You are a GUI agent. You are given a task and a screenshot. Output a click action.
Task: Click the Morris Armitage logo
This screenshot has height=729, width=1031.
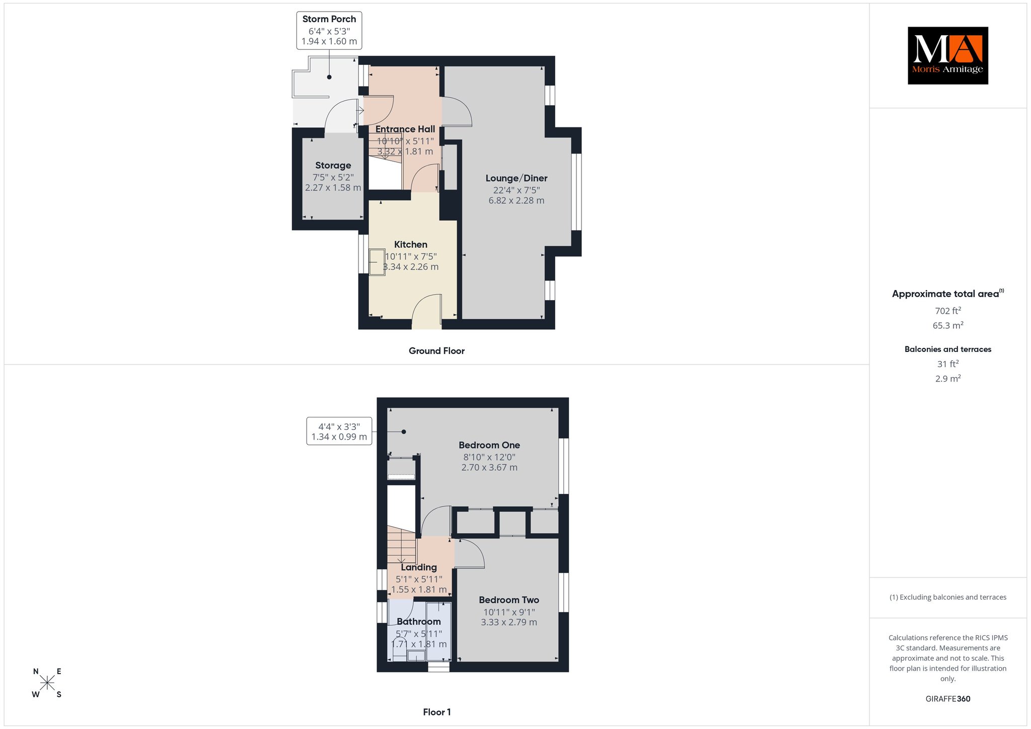(x=947, y=55)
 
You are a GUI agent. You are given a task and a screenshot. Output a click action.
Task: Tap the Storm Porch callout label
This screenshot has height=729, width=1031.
(x=329, y=30)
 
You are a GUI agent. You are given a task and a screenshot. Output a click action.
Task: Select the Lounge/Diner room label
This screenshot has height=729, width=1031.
(x=517, y=178)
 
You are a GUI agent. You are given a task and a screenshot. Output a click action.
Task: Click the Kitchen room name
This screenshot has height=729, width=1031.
(x=411, y=245)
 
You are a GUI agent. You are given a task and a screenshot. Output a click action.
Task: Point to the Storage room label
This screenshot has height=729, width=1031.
(x=333, y=166)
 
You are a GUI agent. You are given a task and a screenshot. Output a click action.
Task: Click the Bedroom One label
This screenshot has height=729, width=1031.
(x=489, y=445)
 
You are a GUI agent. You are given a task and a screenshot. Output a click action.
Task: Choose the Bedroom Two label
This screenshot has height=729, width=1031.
(x=509, y=600)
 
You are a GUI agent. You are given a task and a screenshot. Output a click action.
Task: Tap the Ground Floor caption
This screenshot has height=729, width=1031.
(x=436, y=351)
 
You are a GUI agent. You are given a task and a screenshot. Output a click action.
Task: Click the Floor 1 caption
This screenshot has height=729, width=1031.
(x=437, y=712)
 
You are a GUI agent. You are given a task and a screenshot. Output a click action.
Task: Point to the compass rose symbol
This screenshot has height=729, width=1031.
(x=47, y=683)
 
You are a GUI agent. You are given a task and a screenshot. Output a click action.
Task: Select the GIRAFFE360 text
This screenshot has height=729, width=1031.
(x=948, y=699)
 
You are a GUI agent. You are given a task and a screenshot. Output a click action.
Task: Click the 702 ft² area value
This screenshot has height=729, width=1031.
(x=948, y=311)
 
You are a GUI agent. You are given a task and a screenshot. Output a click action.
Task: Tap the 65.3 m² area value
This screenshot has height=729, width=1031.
(x=948, y=325)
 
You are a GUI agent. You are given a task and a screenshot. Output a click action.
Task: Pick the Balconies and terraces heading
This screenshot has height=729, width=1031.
(x=948, y=349)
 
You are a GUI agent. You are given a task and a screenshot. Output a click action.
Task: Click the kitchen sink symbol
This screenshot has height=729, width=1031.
(x=377, y=262)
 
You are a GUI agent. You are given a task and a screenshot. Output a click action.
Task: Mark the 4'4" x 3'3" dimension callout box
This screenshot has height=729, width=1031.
(x=339, y=431)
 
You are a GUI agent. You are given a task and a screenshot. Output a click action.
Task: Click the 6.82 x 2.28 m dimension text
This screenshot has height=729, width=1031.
(x=517, y=200)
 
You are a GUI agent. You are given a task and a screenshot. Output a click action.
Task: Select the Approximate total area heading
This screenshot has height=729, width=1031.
(x=948, y=294)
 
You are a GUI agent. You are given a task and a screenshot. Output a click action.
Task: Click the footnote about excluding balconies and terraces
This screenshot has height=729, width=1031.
(x=948, y=597)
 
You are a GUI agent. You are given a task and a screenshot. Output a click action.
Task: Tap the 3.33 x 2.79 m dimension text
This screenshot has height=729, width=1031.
(x=509, y=622)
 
